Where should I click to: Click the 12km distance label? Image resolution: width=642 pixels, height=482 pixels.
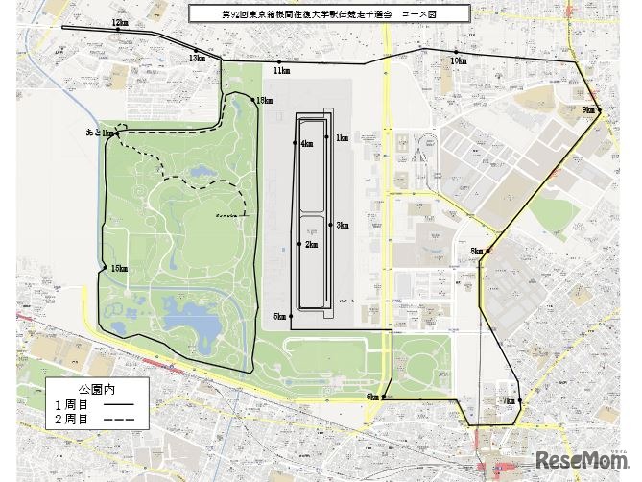tap(119, 22)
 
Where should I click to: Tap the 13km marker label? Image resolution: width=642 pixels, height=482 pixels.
tap(197, 59)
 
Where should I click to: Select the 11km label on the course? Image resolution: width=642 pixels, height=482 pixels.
tap(281, 71)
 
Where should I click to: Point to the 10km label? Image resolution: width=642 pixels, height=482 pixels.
tap(458, 60)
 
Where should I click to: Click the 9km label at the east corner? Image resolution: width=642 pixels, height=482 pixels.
tap(588, 111)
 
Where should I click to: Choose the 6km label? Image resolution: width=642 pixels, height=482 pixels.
tap(372, 397)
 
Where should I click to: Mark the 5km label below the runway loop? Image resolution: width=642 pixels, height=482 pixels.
tap(279, 316)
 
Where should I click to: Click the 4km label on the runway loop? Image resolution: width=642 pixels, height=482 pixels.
tap(306, 144)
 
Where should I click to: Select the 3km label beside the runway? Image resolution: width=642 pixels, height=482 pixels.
tap(343, 226)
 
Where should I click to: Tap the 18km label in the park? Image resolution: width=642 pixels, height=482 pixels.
tap(263, 101)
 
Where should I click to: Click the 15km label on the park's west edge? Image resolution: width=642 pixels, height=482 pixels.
tap(119, 268)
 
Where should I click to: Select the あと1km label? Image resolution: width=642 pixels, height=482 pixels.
tap(99, 133)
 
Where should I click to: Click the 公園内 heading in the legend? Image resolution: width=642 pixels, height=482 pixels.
tap(96, 391)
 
